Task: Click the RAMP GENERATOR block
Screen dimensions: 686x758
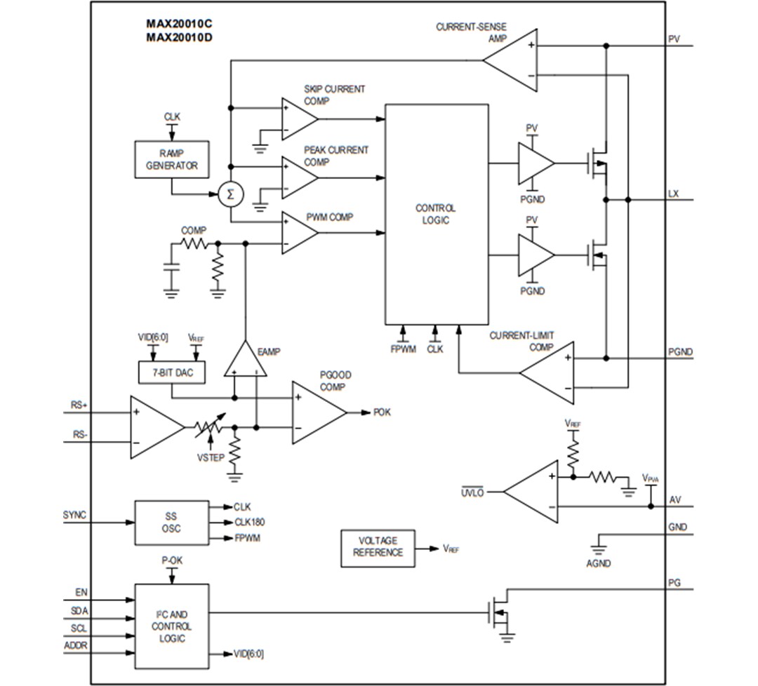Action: [x=171, y=159]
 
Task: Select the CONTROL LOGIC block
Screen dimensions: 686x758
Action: [x=437, y=214]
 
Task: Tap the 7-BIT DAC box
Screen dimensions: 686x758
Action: [x=171, y=373]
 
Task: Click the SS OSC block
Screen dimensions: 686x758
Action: [x=171, y=523]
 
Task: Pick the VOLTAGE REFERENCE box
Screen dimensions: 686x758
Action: [x=378, y=546]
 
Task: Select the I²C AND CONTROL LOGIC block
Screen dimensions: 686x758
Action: [x=171, y=626]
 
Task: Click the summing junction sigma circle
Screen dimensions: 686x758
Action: [x=229, y=194]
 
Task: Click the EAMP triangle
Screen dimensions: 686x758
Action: [x=245, y=361]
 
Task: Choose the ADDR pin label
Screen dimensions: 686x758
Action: [x=76, y=645]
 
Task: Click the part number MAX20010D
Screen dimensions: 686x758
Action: [x=178, y=37]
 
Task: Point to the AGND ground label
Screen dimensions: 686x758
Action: [x=599, y=563]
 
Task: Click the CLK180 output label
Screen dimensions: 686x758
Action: [x=249, y=522]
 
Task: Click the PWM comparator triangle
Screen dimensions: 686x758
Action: [x=298, y=232]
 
